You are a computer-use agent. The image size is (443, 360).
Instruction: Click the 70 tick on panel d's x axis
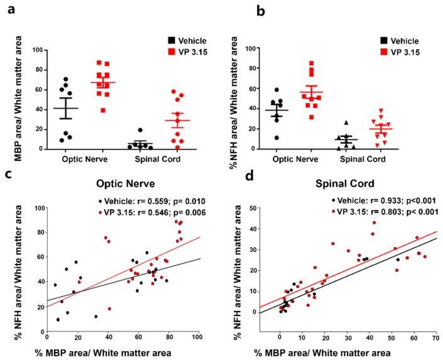click(x=436, y=340)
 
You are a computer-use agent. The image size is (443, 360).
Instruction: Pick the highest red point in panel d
click(x=373, y=222)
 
